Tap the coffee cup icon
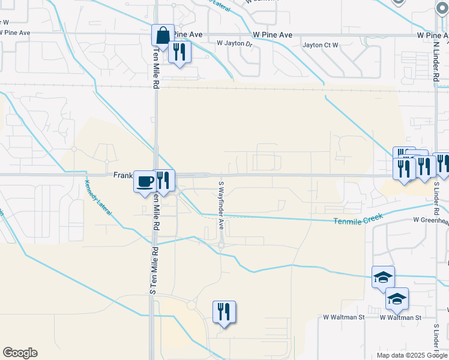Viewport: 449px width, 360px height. (145, 182)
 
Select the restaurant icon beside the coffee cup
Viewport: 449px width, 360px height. (163, 180)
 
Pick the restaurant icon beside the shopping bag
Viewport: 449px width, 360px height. (179, 52)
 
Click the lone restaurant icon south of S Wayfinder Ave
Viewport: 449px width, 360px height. (224, 312)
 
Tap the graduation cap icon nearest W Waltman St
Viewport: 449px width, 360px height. (397, 299)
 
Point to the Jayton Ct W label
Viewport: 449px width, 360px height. (321, 45)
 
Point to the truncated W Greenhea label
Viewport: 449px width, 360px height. (430, 221)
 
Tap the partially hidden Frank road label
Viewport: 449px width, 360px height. (123, 175)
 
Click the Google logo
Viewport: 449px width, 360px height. (20, 353)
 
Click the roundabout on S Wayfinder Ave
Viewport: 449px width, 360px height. (221, 244)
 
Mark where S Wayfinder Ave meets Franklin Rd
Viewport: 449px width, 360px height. (221, 175)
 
